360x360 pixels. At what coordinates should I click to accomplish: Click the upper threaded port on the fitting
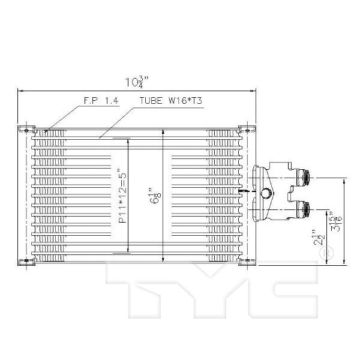tap(304, 177)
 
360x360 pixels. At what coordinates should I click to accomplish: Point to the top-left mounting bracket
tap(25, 129)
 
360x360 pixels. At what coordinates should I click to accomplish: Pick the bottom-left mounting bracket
tap(25, 261)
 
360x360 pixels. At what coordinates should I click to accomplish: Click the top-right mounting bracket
tap(244, 129)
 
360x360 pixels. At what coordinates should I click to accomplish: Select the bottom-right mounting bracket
tap(244, 261)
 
